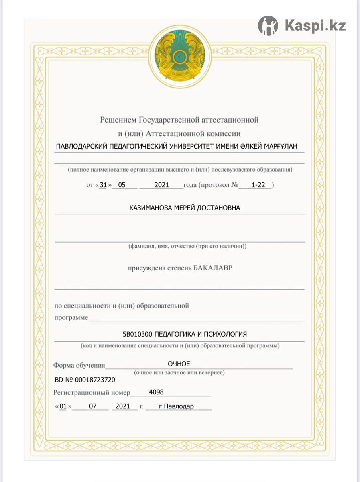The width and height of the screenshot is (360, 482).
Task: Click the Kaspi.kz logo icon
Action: coord(268,26)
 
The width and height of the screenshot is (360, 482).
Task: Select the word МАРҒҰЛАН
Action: coord(281,146)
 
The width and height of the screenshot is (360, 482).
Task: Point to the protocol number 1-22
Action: coord(259,185)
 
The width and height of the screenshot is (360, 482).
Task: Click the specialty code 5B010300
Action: coord(137,334)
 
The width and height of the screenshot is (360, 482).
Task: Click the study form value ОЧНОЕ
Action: coord(179,364)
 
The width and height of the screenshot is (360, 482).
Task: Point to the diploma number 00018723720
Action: coord(95,380)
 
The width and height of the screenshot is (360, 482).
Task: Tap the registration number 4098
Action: coord(156,392)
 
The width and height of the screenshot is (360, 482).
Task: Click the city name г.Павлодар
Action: coord(176,406)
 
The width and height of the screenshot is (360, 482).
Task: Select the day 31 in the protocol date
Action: coord(103,185)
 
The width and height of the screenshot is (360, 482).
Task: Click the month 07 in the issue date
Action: coord(93,406)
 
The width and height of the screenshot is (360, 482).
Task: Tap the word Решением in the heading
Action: coord(118,120)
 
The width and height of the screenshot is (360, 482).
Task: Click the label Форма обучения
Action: coord(79,366)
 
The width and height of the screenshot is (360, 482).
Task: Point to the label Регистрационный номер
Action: coord(92,393)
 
